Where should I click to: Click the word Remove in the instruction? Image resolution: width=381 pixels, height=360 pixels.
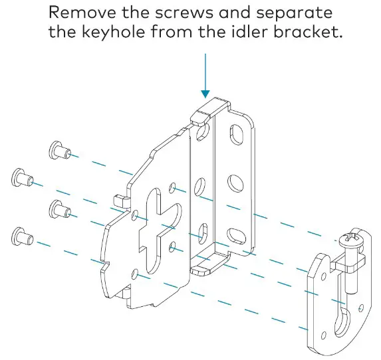tap(82, 13)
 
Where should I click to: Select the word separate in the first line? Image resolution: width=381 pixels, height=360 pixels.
tap(295, 13)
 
